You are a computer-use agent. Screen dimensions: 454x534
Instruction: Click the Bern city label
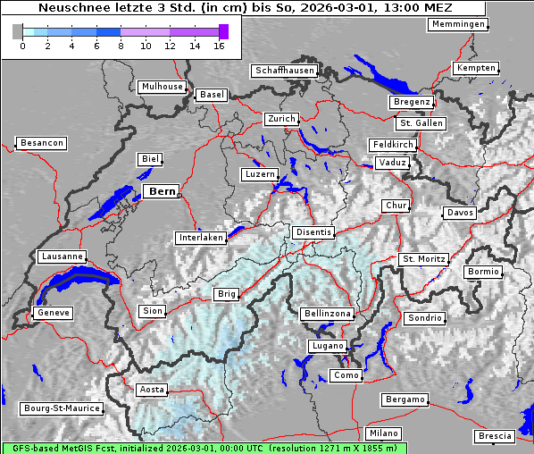point(162,191)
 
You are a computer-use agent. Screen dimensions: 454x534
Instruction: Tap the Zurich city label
point(280,119)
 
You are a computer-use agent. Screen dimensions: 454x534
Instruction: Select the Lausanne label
point(62,256)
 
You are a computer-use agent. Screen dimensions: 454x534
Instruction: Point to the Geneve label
point(53,313)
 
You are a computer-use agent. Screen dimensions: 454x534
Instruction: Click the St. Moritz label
point(423,259)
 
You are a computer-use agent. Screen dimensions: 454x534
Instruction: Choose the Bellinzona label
point(328,314)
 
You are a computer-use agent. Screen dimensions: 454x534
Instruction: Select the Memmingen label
point(458,24)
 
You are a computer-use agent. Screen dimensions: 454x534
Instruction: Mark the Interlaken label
point(200,238)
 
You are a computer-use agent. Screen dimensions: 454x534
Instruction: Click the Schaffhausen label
point(284,70)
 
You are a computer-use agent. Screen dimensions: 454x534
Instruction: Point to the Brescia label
point(495,436)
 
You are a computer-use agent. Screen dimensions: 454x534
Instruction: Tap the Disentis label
point(313,232)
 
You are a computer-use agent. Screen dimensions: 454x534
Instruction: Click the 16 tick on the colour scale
point(219,46)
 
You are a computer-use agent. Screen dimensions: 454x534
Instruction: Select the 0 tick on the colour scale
point(22,46)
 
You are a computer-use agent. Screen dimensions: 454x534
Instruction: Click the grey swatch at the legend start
point(18,31)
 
